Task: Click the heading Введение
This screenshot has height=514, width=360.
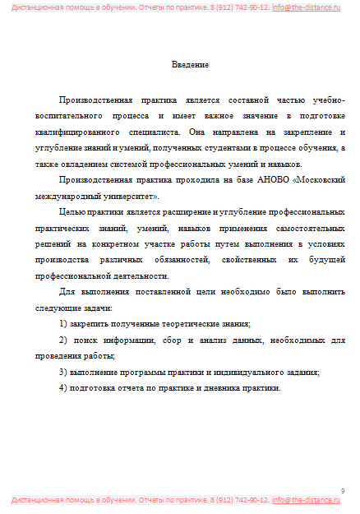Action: click(x=190, y=64)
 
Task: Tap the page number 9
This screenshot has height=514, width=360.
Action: click(x=343, y=490)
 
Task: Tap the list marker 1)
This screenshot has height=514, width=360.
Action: click(x=65, y=323)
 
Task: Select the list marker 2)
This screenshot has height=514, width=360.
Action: click(x=65, y=340)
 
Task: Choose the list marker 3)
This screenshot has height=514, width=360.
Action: click(x=65, y=372)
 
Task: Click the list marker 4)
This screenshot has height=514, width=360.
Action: click(x=65, y=387)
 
